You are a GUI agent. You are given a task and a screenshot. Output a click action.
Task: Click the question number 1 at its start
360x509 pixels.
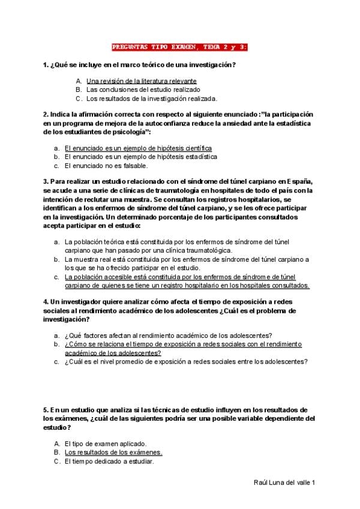point(45,65)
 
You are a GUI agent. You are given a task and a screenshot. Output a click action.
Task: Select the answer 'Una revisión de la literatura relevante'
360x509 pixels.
point(142,80)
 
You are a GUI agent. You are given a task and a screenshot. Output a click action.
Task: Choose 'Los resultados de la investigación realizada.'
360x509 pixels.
point(152,98)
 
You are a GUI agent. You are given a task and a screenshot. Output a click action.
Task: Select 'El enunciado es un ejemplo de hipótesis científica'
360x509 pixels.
point(138,148)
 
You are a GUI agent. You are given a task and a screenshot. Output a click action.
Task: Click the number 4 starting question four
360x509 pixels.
point(45,301)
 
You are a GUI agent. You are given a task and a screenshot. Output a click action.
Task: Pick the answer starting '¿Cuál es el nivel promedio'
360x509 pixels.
point(186,362)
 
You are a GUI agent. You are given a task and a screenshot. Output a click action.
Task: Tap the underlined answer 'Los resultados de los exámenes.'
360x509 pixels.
point(113,452)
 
